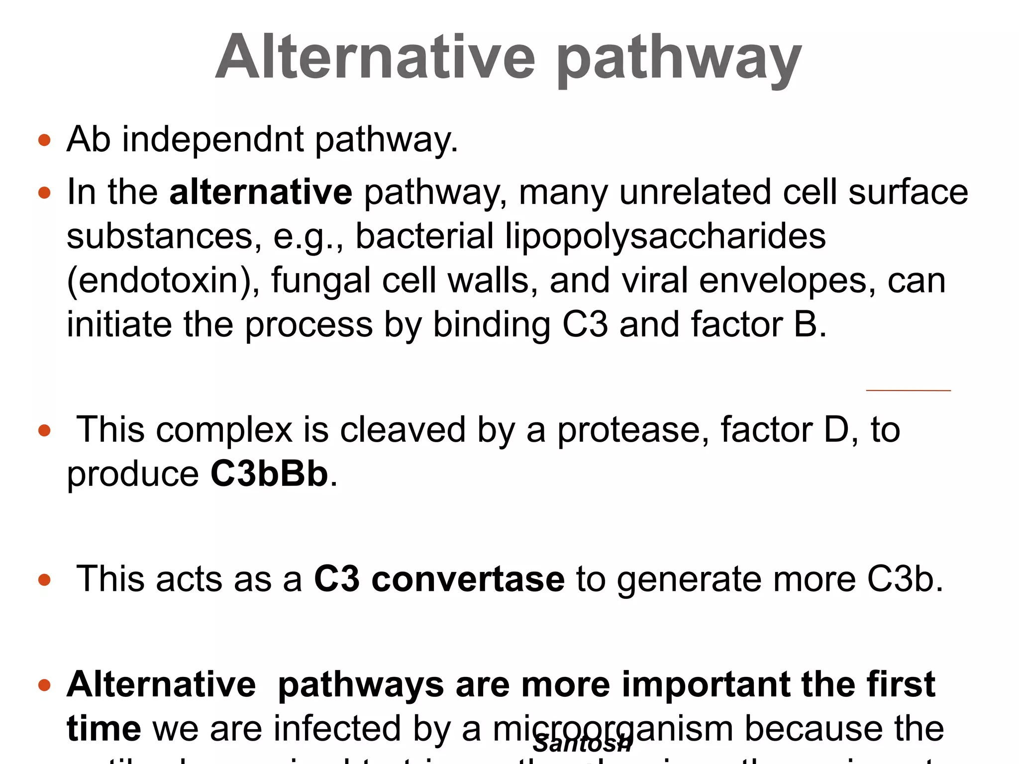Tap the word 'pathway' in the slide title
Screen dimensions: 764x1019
679,60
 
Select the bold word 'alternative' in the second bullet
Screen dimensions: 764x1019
261,192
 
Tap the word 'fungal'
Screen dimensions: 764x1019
320,281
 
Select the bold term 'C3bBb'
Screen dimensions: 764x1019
269,474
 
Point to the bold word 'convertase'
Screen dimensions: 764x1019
468,579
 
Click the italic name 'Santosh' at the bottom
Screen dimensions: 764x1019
582,744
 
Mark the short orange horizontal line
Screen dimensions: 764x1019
908,390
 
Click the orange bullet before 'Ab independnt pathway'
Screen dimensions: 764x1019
44,140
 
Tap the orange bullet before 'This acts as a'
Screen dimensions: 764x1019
44,579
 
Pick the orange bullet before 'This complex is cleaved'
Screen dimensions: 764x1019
44,430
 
